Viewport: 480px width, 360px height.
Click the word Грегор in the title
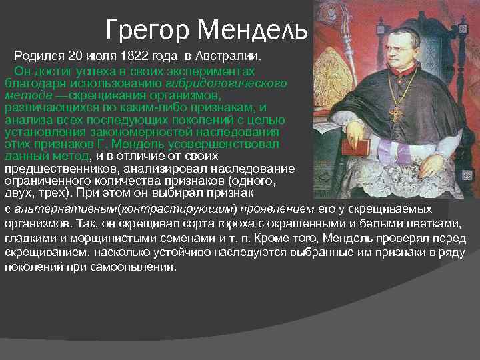[149, 29]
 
